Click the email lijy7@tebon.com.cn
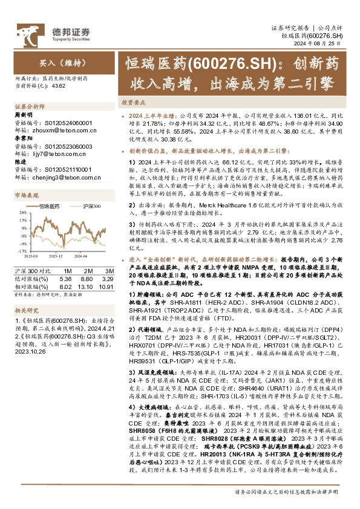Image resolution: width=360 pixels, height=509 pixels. click(52, 155)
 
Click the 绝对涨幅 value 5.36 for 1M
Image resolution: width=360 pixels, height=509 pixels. click(67, 279)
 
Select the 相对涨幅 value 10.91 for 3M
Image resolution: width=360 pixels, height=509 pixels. click(105, 287)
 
